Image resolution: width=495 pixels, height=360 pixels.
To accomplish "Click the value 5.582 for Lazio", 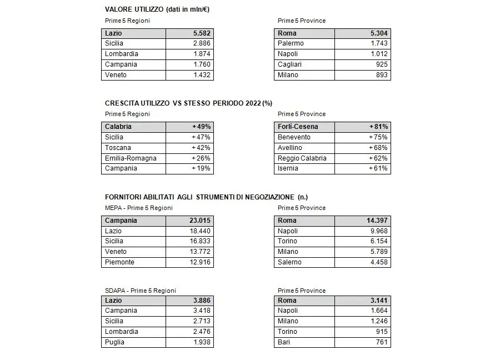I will (x=201, y=33).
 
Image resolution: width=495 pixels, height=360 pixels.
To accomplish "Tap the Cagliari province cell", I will (x=290, y=64).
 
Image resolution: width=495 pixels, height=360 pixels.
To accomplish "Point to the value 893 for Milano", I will (x=381, y=75).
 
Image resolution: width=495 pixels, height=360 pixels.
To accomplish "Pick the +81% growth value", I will (x=378, y=127).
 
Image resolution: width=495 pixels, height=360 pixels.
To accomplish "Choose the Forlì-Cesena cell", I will (x=298, y=127).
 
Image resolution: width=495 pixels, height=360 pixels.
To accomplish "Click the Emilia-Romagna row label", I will (x=131, y=158).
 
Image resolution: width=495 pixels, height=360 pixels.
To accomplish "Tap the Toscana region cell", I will (x=118, y=148).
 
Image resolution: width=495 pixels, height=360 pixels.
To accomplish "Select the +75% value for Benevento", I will (x=378, y=137).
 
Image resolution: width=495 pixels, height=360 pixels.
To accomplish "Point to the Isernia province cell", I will (x=288, y=168).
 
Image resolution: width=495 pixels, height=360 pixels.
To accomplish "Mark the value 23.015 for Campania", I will (x=198, y=221).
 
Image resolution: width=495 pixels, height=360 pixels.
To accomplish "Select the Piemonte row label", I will (x=119, y=262).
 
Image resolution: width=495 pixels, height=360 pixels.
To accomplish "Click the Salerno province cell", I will (x=289, y=262).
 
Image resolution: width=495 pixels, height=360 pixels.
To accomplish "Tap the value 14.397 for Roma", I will (x=376, y=221).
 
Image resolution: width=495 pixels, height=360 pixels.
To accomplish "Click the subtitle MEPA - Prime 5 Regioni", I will (x=138, y=208).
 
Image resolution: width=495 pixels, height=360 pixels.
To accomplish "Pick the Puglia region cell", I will (x=114, y=342).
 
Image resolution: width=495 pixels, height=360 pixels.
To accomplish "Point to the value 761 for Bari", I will (x=381, y=342).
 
